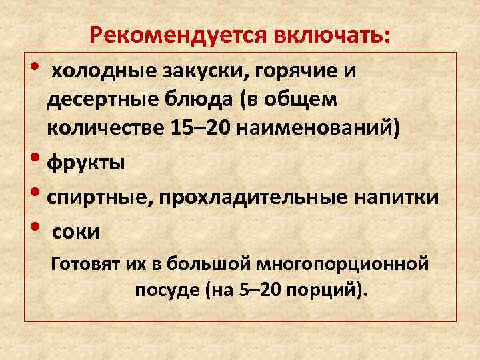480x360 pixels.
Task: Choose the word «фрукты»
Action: click(x=85, y=163)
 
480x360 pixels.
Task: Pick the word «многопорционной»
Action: click(x=347, y=265)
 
